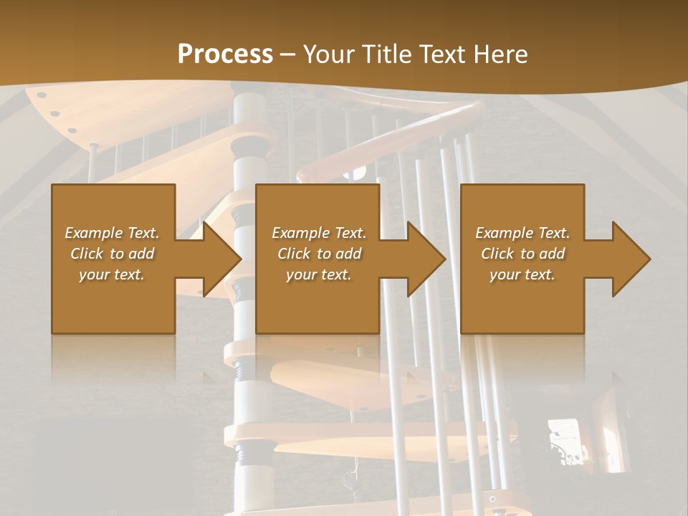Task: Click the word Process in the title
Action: coord(225,54)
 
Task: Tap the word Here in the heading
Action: coord(500,54)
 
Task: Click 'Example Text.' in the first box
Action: coord(112,233)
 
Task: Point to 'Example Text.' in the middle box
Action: coord(318,233)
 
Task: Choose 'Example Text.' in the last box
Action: coord(522,233)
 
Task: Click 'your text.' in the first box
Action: coord(112,274)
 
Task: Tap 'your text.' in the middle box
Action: coord(318,274)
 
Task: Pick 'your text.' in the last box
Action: coord(522,274)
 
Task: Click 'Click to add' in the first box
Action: coord(112,254)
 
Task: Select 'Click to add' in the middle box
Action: coord(318,254)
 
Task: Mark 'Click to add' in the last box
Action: coord(522,254)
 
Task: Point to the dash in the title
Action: coord(287,54)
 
